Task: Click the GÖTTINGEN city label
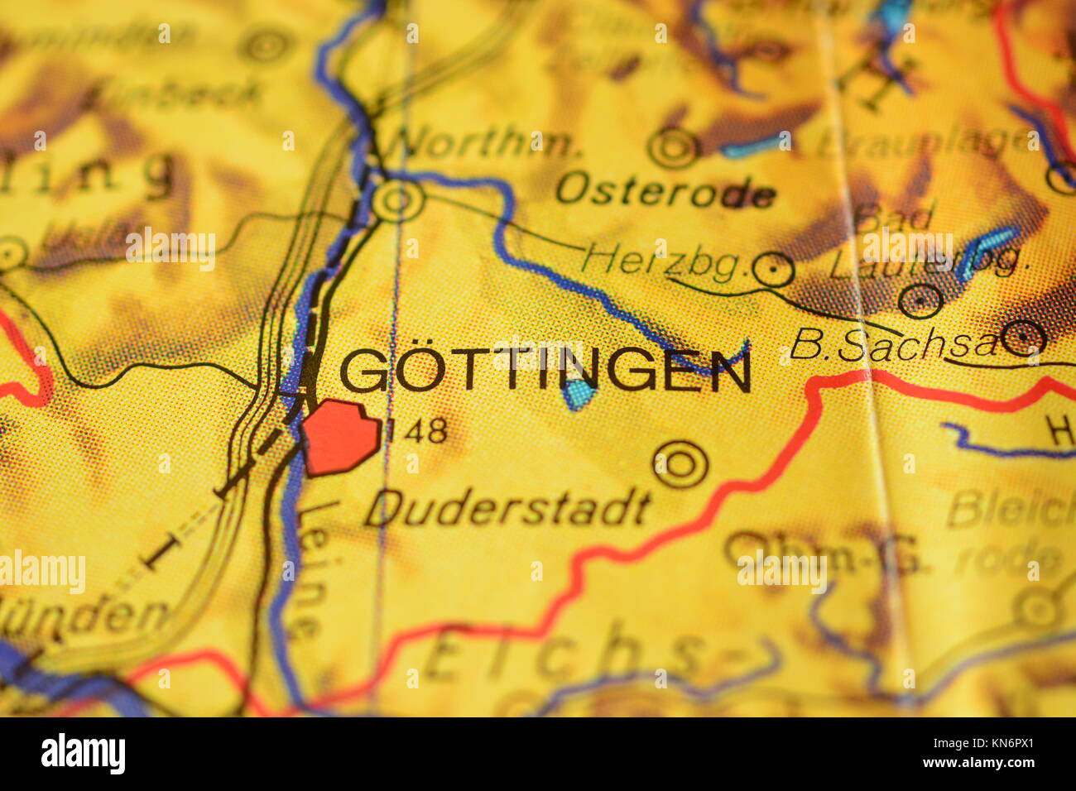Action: [546, 371]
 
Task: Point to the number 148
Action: [417, 429]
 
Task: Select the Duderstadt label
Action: [508, 508]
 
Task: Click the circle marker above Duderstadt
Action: [680, 464]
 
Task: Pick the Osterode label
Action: [665, 191]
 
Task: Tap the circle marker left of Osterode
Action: [674, 148]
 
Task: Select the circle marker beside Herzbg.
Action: [775, 269]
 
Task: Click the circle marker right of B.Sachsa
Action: [1024, 338]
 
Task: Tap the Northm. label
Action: [483, 144]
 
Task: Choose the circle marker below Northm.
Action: [398, 200]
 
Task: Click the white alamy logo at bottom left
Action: [83, 754]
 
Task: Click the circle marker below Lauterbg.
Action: [920, 300]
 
